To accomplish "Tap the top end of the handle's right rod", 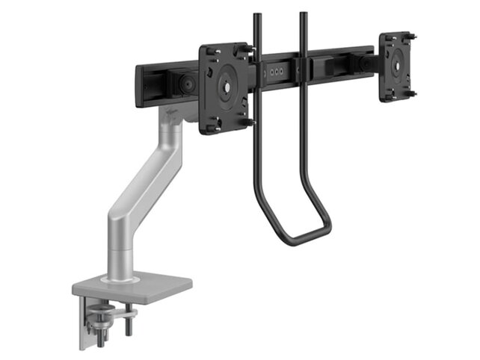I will pos(303,15).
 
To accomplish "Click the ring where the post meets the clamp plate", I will pos(126,277).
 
